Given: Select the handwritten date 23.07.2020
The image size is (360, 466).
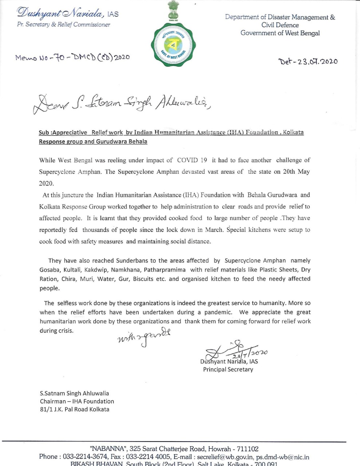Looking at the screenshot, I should pos(308,61).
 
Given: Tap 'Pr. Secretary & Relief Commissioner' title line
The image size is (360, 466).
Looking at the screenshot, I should pos(63,25).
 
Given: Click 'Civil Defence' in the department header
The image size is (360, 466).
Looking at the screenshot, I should pos(280,25).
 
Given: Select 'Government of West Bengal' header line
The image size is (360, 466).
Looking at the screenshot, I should pos(280,33).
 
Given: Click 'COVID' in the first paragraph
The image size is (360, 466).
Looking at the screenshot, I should pos(188,160).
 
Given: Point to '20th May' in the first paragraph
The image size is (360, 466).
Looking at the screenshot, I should pos(296,171).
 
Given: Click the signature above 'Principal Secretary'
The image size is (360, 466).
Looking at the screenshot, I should pos(235,351).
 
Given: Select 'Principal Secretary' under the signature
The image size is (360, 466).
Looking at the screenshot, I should pos(228,369).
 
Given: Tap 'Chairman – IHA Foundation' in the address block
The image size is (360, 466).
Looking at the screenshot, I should pos(77,401).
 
